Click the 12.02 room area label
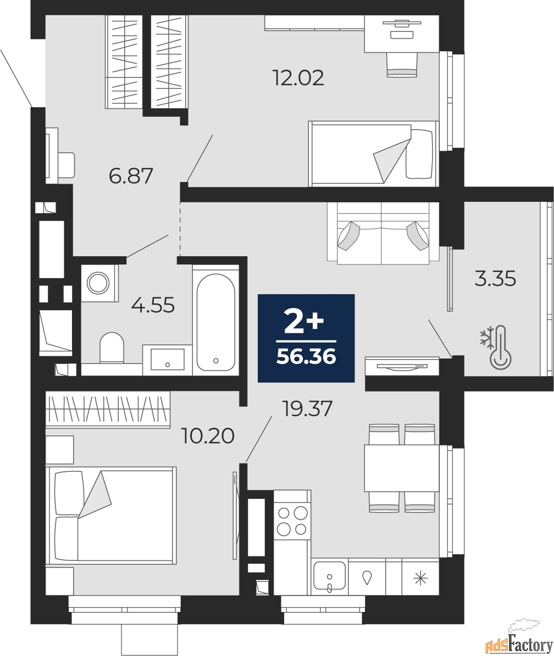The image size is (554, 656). coord(298,78)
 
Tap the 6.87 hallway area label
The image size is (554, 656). coord(131,176)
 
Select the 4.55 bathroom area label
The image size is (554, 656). coord(153,305)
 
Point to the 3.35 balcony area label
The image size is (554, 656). coord(495,279)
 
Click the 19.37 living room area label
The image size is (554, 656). coord(308,409)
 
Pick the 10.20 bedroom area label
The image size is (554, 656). coord(208,436)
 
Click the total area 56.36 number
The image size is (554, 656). coord(306,357)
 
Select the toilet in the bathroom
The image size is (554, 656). coord(112,348)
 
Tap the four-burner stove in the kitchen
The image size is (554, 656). coord(292,520)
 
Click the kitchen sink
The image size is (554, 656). coord(330,577)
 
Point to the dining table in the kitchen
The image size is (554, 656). coord(402,468)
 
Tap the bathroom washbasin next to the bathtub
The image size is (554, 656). coord(167,360)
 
